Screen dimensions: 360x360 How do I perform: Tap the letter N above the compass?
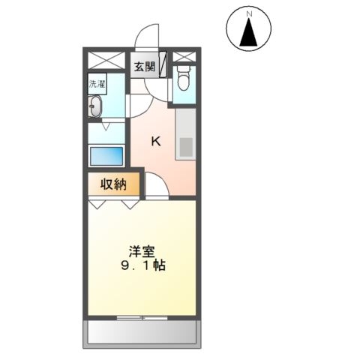[247, 10]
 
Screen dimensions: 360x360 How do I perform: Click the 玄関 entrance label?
[145, 67]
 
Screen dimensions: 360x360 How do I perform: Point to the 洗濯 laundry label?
[96, 83]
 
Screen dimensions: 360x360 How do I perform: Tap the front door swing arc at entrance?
[147, 37]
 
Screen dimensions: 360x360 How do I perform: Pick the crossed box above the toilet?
[184, 58]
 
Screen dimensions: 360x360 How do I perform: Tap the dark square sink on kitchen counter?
[185, 145]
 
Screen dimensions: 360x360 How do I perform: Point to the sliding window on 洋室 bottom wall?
[142, 318]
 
